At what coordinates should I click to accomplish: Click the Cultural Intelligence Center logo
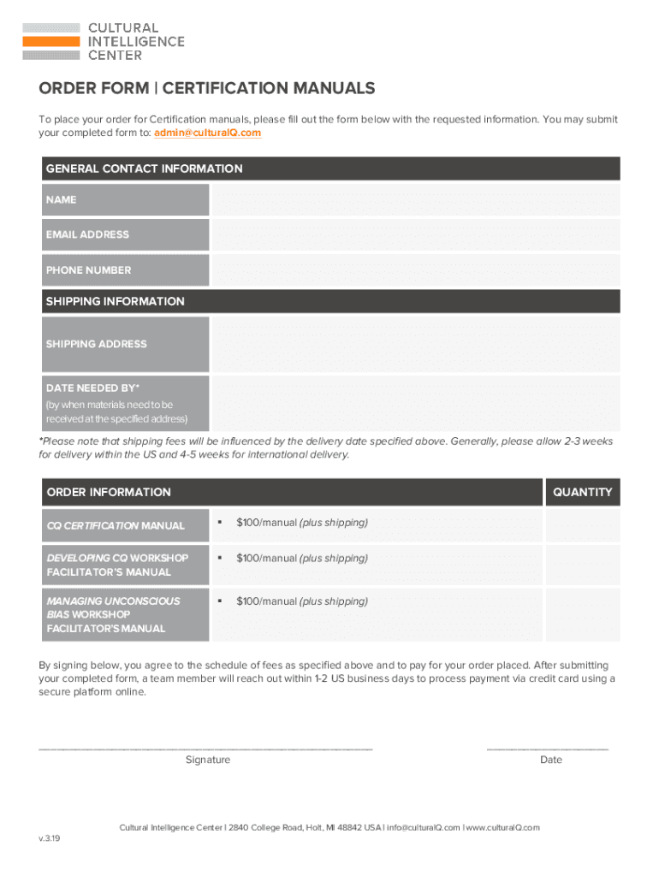click(x=103, y=41)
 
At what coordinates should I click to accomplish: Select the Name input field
click(x=415, y=199)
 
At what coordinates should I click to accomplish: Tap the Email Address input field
click(x=415, y=234)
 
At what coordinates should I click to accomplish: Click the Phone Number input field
click(x=415, y=269)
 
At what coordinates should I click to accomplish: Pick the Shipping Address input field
click(x=415, y=344)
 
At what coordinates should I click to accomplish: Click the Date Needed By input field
click(x=415, y=404)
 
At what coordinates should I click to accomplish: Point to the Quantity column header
click(x=582, y=492)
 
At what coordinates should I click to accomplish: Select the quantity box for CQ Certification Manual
click(x=582, y=524)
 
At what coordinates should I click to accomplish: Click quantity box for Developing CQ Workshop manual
click(x=582, y=565)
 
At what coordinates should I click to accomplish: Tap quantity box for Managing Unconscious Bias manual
click(x=582, y=614)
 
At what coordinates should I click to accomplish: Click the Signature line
click(x=206, y=748)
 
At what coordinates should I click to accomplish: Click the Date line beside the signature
click(x=548, y=748)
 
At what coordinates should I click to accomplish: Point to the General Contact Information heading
click(x=144, y=169)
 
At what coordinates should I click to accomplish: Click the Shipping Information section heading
click(x=115, y=301)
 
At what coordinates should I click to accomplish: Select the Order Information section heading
click(x=109, y=492)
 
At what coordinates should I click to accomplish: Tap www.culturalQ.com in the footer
click(x=503, y=827)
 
